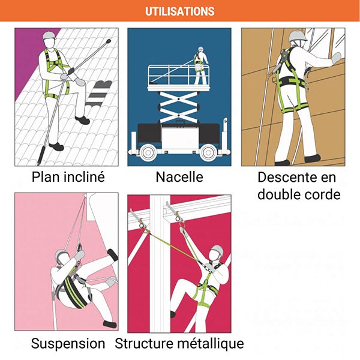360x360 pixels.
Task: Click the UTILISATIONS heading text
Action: (180, 11)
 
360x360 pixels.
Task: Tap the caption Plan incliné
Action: (68, 177)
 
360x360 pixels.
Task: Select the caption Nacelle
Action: (179, 177)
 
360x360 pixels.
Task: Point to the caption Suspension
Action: (68, 344)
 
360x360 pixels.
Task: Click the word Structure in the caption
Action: (141, 344)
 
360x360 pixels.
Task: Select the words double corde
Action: (298, 194)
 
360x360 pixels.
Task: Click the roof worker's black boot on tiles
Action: (56, 146)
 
